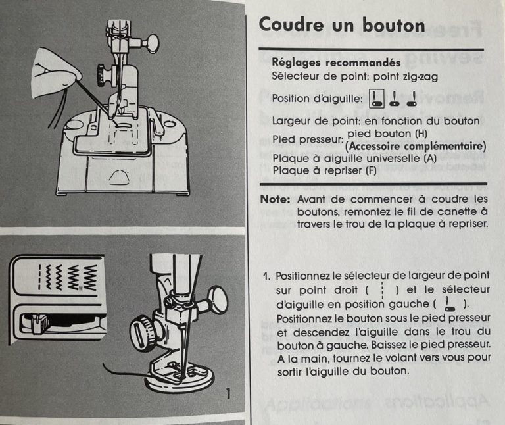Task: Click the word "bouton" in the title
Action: pyautogui.click(x=394, y=25)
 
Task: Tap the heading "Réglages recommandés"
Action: pyautogui.click(x=336, y=63)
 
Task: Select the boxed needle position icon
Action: pyautogui.click(x=377, y=99)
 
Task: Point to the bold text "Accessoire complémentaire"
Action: pyautogui.click(x=416, y=146)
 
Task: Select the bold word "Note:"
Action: pyautogui.click(x=275, y=199)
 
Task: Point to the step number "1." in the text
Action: pyautogui.click(x=268, y=276)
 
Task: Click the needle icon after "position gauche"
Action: pyautogui.click(x=449, y=304)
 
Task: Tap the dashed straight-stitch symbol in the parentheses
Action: pyautogui.click(x=382, y=290)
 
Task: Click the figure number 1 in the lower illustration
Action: pyautogui.click(x=228, y=393)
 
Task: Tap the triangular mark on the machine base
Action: pyautogui.click(x=119, y=178)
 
